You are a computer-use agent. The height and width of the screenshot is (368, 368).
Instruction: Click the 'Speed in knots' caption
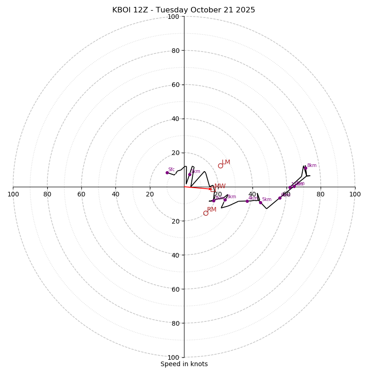click(184, 364)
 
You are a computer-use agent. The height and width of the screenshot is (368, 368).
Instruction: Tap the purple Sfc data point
click(167, 172)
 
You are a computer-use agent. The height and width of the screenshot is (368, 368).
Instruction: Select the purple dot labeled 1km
click(190, 174)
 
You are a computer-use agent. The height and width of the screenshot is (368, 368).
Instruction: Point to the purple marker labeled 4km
click(247, 201)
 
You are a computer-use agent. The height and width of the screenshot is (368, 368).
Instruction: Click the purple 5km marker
click(260, 202)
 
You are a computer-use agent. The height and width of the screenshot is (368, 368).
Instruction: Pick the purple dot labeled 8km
click(305, 168)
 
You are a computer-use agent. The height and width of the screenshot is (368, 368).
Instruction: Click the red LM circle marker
click(220, 166)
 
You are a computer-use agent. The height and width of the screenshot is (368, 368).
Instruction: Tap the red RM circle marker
click(206, 213)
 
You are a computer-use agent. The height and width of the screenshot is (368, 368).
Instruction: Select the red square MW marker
click(213, 190)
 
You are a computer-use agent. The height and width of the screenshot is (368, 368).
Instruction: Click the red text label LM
click(226, 162)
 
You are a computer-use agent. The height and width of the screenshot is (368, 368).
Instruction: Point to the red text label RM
click(212, 210)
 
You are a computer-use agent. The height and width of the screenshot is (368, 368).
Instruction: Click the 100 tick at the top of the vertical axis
click(173, 17)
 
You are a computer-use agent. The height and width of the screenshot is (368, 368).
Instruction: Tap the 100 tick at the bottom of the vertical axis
click(173, 357)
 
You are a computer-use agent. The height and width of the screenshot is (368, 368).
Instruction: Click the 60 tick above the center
click(175, 85)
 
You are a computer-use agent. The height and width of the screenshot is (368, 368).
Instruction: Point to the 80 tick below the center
click(175, 323)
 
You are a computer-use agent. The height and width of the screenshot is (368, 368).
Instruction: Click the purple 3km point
click(225, 200)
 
